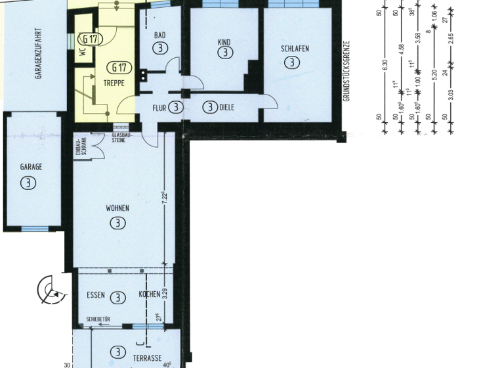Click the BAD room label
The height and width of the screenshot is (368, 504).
tap(159, 35)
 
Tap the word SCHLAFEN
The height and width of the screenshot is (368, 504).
tap(295, 49)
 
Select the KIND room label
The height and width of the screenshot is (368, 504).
tap(224, 42)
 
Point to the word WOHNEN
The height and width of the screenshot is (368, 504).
tap(117, 208)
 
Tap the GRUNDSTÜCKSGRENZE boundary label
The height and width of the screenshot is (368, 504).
tap(347, 71)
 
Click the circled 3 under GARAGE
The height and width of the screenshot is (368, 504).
tap(29, 183)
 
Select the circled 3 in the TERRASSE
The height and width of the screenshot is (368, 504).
tap(117, 352)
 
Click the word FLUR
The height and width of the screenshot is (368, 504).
tap(159, 107)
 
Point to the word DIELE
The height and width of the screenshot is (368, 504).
tap(227, 107)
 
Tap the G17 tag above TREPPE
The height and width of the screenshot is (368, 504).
tap(119, 67)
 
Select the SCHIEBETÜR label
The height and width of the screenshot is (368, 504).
tap(98, 320)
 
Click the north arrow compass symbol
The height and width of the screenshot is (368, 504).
tap(51, 290)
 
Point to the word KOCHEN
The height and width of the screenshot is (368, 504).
tap(149, 295)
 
